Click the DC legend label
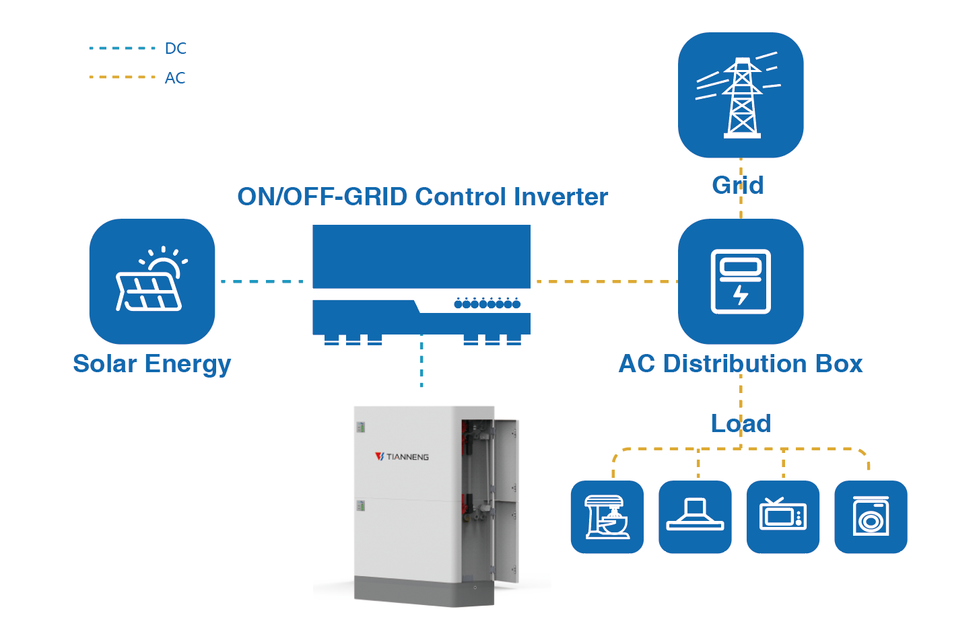click(x=175, y=48)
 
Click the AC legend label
click(x=175, y=78)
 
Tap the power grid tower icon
click(x=741, y=96)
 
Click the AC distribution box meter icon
click(x=741, y=281)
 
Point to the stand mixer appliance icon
click(x=607, y=517)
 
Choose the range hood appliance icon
click(x=695, y=517)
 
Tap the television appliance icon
click(x=783, y=517)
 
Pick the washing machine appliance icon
click(x=871, y=517)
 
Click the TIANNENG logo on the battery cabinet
click(x=402, y=457)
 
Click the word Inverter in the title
click(x=561, y=197)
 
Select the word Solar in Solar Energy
click(x=105, y=364)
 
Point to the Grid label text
click(x=738, y=185)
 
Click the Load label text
click(x=741, y=423)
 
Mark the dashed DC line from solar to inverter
click(x=263, y=281)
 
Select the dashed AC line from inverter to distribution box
click(x=605, y=281)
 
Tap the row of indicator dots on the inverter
click(x=487, y=304)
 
